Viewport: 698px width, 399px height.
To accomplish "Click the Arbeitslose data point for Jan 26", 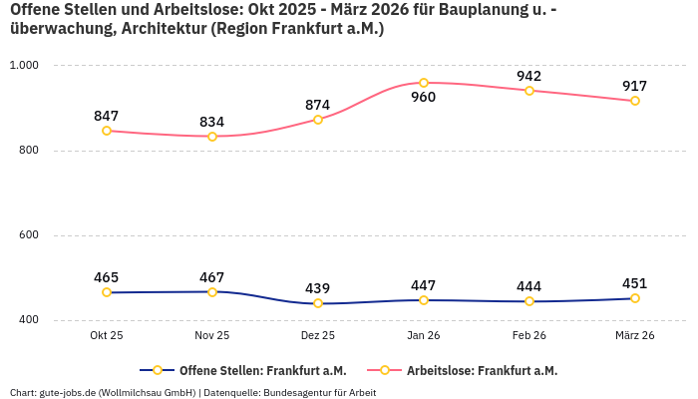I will coord(424,83).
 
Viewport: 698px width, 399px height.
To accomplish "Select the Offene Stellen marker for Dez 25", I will coord(318,303).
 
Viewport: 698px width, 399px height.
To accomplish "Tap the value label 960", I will coord(424,98).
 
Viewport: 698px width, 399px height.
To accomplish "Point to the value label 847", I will coord(107,116).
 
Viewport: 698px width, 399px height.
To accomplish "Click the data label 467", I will coord(212,277).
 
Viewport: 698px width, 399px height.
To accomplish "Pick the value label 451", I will coord(635,283).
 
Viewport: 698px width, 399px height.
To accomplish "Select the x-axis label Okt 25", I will coord(107,335).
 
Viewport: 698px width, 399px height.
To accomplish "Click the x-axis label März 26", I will coord(635,335).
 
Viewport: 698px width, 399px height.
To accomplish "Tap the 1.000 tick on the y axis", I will coord(23,66).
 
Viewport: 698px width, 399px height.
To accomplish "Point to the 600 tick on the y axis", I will coord(27,235).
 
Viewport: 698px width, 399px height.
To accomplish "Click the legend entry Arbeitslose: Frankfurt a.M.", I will coord(482,370).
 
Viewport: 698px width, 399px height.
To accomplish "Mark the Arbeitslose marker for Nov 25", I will coord(212,137).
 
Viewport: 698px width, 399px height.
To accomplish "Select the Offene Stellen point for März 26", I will coord(635,298).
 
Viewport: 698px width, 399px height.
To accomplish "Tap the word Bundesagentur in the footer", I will coord(296,392).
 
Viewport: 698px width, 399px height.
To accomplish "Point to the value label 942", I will coord(529,76).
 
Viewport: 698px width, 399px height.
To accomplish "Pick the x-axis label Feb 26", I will coord(529,335).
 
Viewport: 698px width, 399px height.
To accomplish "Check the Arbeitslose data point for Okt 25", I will coord(107,131).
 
